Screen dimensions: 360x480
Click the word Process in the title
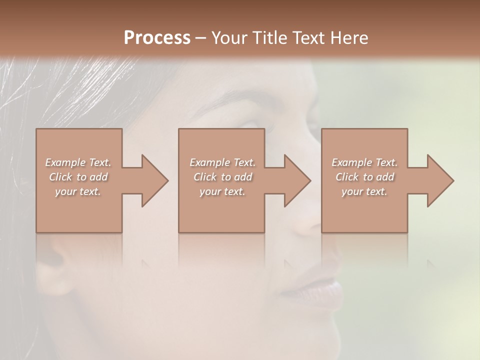point(157,38)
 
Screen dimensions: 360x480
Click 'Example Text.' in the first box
point(78,162)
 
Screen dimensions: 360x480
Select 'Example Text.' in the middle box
point(222,162)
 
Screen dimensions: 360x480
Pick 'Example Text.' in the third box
point(364,162)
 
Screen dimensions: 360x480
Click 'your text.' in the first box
point(78,191)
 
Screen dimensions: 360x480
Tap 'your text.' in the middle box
point(222,191)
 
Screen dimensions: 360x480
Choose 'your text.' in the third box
point(364,191)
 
